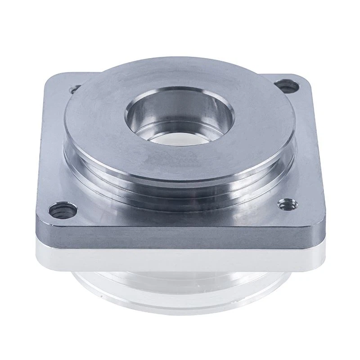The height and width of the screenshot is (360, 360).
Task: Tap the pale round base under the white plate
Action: (180, 292)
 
